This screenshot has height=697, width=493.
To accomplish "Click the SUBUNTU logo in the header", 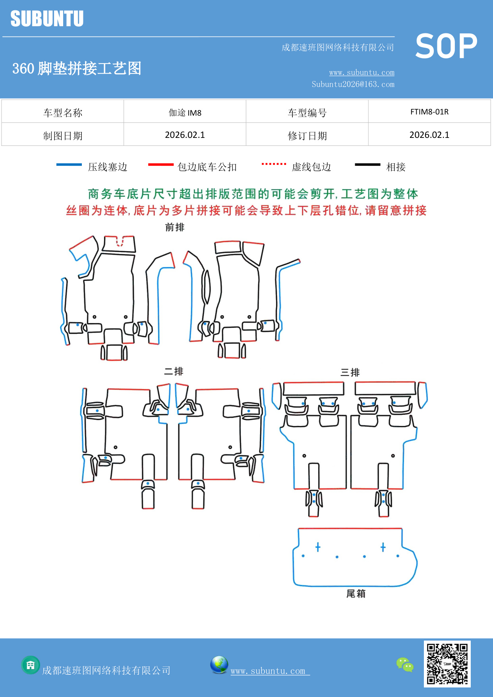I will point(47,19).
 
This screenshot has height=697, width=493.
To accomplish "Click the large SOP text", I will point(446,46).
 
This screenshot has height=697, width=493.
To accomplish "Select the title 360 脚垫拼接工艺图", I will point(77,68).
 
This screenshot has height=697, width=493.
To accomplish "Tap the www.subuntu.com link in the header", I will point(362,73).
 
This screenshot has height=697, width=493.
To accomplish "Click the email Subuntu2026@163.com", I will point(353,84).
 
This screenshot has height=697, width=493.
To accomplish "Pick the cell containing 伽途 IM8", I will point(185,112).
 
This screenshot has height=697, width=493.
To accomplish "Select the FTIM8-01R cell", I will point(429,112).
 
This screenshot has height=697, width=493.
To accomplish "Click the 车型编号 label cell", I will point(307,113).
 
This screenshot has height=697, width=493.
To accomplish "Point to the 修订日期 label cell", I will point(307,136).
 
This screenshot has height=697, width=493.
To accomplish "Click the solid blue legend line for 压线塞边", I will point(69,165).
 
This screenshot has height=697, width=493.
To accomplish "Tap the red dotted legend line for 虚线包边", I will point(274,164).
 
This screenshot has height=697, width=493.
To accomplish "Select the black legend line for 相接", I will point(367,165).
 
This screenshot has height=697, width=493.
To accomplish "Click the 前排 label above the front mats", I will point(175,227).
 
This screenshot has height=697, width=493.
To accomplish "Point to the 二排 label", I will point(174,372).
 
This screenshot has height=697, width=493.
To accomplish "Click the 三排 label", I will point(350,372).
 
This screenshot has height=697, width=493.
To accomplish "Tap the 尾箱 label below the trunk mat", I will point(356,594).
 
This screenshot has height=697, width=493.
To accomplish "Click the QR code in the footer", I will point(447,664).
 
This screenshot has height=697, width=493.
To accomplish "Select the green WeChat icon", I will point(405,665).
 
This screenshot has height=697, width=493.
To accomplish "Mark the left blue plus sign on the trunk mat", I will point(318,547).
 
